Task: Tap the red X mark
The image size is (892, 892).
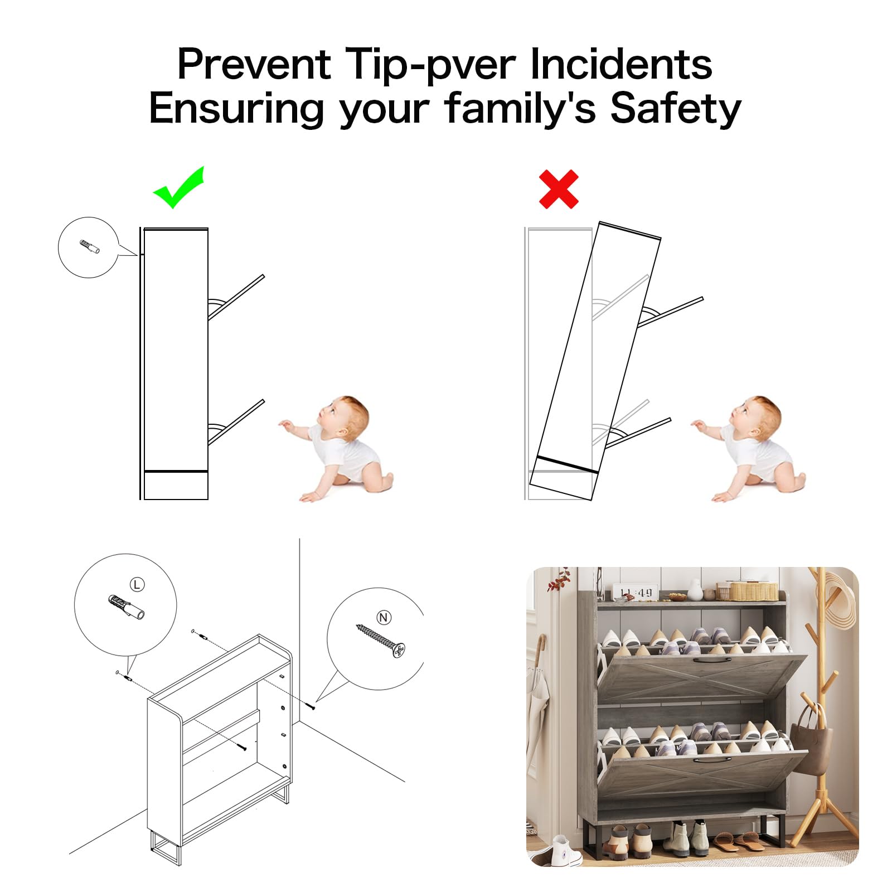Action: click(559, 190)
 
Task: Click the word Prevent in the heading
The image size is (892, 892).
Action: click(254, 65)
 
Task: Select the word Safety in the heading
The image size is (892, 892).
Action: click(676, 109)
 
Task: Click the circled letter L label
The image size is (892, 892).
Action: click(137, 584)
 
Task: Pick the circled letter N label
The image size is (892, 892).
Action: click(384, 617)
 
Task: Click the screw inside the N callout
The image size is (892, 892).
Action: click(381, 640)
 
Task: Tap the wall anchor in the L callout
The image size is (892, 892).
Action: click(127, 608)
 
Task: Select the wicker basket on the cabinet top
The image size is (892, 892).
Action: click(754, 590)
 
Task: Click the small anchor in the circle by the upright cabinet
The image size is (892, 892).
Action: click(89, 247)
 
